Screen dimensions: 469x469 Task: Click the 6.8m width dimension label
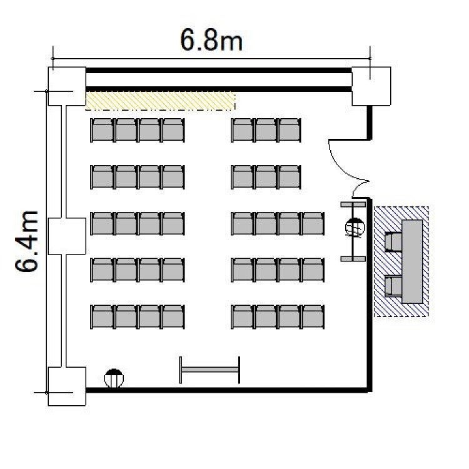[211, 41]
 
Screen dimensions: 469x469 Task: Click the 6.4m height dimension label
[27, 241]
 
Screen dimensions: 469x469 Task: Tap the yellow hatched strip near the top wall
[160, 101]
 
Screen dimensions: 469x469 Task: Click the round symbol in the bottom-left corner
[114, 378]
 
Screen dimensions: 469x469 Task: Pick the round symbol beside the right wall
[355, 228]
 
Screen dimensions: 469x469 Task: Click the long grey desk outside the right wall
[412, 262]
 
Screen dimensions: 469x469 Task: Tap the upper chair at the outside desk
[393, 241]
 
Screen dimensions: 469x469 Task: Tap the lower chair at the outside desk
[393, 286]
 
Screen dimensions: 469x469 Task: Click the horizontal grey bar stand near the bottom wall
[209, 370]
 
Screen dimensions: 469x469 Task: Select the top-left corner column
[67, 86]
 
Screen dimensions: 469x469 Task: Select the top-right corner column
[371, 86]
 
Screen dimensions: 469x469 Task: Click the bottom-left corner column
[67, 386]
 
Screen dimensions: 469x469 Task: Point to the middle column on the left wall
[67, 236]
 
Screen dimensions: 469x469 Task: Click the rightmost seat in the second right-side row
[290, 177]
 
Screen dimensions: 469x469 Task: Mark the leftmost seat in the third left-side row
[103, 224]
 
